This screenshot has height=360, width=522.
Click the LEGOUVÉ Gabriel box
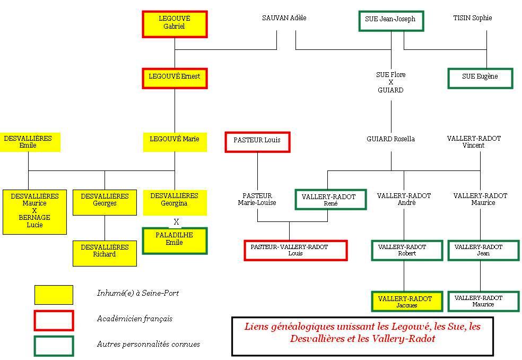point(175,23)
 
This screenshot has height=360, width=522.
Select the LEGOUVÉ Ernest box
point(175,78)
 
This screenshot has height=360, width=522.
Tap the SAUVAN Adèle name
point(284,18)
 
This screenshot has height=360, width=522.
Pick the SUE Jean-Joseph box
point(390,21)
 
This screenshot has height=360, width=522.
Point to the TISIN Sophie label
point(472,18)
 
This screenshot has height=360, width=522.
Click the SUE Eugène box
point(480,78)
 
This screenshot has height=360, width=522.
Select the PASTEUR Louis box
point(257,141)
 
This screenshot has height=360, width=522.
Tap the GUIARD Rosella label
point(390,139)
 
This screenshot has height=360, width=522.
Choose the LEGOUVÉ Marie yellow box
point(175,141)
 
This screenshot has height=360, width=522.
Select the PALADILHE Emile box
point(175,241)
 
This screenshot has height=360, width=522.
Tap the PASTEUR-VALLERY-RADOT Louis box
point(295,250)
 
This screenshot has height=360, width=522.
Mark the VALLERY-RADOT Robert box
point(407,250)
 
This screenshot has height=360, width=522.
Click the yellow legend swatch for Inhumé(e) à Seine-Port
point(54,295)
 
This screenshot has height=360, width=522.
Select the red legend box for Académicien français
point(54,320)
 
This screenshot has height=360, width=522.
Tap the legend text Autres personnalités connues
point(149,345)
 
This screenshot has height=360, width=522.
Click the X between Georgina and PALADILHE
point(177,221)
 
